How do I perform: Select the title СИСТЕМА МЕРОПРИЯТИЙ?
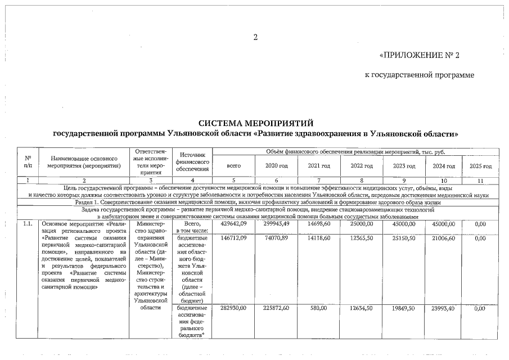tap(255, 123)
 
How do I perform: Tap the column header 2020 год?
tap(276, 166)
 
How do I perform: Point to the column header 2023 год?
tap(404, 166)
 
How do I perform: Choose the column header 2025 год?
tap(480, 166)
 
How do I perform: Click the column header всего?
tap(233, 166)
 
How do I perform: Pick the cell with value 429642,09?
tap(233, 224)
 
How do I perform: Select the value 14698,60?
tap(319, 224)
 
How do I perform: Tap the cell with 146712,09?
tap(233, 238)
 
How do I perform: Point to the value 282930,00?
tap(233, 308)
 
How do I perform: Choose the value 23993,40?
tap(443, 308)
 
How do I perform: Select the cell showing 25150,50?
tap(404, 238)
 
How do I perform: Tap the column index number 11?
tap(480, 180)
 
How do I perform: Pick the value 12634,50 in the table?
tap(361, 308)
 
